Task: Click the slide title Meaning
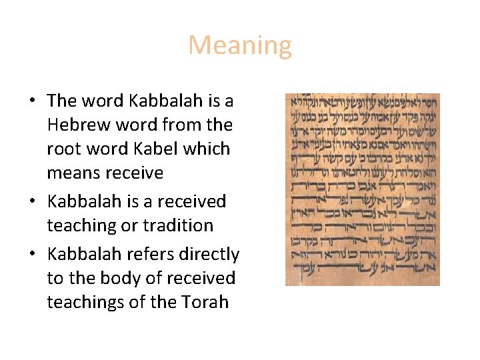point(240,46)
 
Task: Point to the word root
point(61,149)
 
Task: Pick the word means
point(71,173)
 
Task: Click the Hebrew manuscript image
point(362,189)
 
